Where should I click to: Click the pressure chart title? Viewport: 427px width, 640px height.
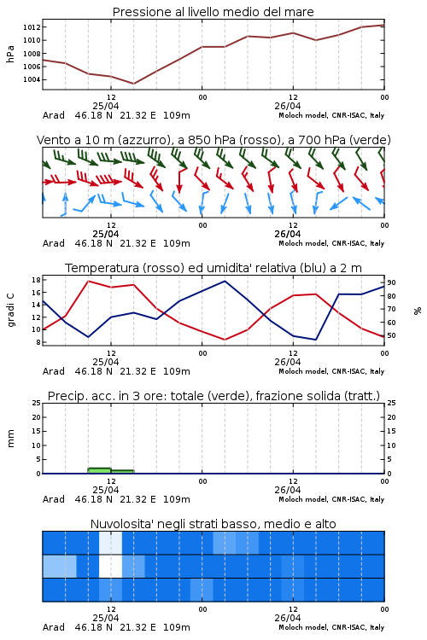click(213, 12)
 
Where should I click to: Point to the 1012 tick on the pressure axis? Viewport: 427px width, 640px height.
click(32, 27)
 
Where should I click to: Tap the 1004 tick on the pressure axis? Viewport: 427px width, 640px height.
click(32, 79)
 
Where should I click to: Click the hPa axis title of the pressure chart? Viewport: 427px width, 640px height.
click(10, 54)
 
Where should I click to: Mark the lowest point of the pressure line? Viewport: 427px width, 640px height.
click(133, 84)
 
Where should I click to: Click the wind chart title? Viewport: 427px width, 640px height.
click(213, 140)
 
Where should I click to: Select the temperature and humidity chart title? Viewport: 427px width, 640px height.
click(213, 268)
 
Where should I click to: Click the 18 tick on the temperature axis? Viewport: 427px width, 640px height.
click(36, 280)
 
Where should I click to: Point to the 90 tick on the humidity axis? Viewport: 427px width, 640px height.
click(391, 282)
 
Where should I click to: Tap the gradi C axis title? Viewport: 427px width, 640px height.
click(10, 310)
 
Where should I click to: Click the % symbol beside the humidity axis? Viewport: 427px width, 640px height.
click(418, 311)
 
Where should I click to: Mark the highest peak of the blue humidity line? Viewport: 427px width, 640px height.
click(225, 281)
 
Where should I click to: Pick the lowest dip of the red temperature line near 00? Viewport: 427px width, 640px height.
click(225, 340)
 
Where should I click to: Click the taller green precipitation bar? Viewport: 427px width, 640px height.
click(99, 470)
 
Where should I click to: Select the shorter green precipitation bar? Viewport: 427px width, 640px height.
click(123, 472)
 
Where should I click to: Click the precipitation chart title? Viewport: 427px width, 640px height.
click(213, 396)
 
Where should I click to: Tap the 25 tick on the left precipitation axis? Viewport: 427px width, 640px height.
click(36, 403)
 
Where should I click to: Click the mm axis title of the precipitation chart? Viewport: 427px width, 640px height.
click(10, 439)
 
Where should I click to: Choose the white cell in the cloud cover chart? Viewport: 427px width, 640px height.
click(110, 566)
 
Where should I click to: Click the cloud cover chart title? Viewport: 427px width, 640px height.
click(213, 524)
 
